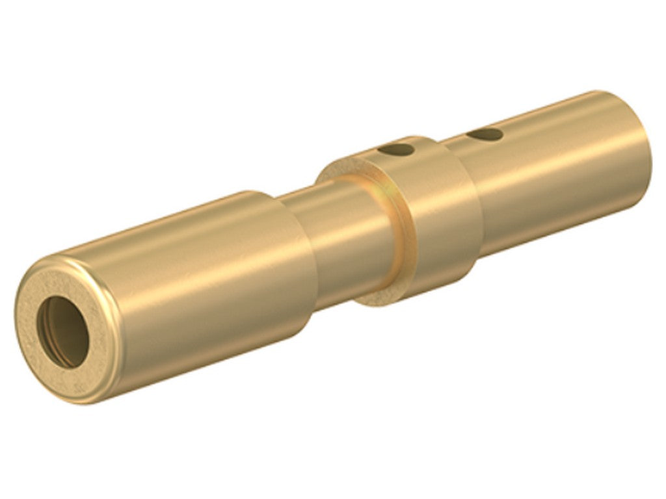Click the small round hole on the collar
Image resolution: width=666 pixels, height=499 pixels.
[x=397, y=150]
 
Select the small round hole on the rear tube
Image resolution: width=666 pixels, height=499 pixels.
[x=485, y=134]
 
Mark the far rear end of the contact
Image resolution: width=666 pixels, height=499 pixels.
[x=644, y=149]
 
